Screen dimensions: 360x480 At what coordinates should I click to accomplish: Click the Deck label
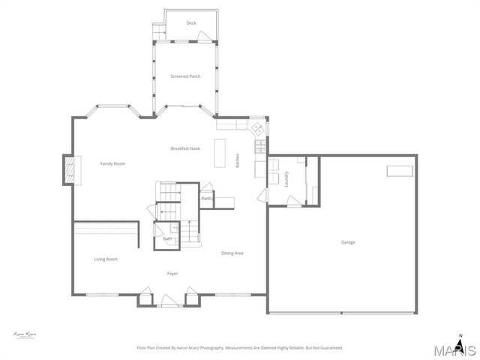[191, 23]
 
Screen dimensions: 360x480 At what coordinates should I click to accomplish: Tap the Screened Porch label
[185, 76]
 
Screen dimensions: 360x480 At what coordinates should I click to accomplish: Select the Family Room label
[113, 163]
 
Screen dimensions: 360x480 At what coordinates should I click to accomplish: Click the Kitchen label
[238, 160]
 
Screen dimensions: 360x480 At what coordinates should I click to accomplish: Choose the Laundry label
[286, 178]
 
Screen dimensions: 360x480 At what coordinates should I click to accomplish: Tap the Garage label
[348, 242]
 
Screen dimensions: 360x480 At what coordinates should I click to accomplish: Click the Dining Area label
[232, 253]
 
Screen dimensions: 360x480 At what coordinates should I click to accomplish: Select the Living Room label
[106, 259]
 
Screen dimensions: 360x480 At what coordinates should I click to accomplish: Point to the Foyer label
[172, 273]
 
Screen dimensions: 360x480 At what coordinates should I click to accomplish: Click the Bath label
[167, 238]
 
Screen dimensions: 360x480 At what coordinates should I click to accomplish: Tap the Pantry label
[207, 198]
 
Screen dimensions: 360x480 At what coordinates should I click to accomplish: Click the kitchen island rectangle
[221, 153]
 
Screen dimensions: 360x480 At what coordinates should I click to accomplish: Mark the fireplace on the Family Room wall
[69, 169]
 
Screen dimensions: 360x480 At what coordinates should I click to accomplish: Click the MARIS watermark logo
[454, 349]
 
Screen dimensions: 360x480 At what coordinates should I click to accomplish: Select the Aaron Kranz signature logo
[25, 334]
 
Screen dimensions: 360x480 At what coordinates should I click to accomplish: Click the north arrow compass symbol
[461, 337]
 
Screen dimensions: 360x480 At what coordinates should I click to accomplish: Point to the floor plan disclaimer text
[240, 348]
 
